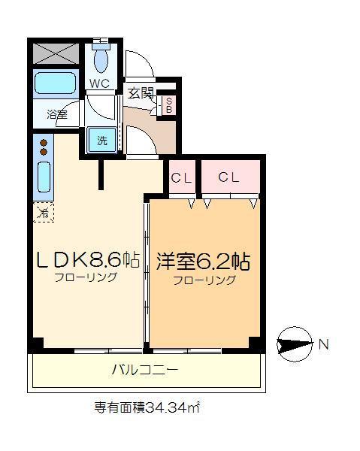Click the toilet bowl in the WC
[x=101, y=59]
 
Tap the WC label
[x=99, y=83]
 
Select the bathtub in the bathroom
[x=56, y=83]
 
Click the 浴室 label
[x=57, y=115]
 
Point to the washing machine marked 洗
[x=102, y=140]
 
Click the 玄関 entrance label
[x=141, y=93]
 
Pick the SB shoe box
[x=169, y=105]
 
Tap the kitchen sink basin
[x=44, y=177]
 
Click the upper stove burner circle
[x=44, y=143]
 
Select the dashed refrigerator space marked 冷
[x=44, y=212]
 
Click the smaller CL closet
[x=182, y=177]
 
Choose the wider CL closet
[x=231, y=177]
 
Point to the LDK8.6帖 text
[x=87, y=260]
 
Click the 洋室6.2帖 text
[x=203, y=261]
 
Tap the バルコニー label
[x=145, y=370]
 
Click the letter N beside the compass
[x=324, y=344]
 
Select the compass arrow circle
[x=295, y=344]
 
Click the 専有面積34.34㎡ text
[x=147, y=407]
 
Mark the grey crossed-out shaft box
[x=56, y=53]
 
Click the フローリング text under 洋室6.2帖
[x=204, y=280]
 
